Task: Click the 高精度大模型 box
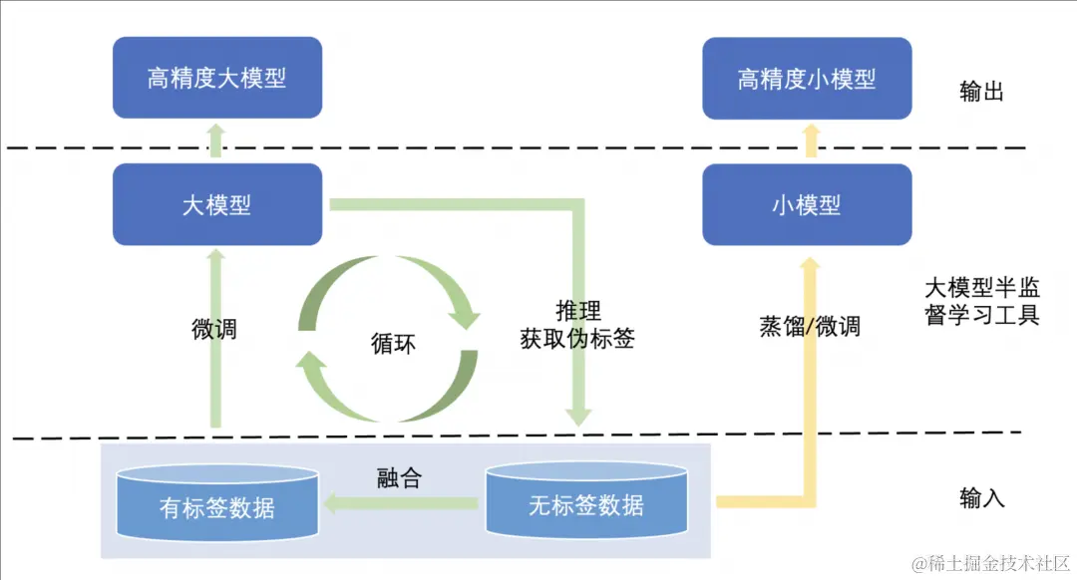tap(216, 78)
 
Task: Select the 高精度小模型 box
tap(807, 78)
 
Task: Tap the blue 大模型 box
tap(216, 204)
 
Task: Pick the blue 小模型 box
tap(807, 204)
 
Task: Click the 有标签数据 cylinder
tap(217, 506)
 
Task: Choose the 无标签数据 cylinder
tap(586, 504)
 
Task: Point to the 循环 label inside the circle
tap(392, 344)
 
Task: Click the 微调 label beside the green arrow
tap(214, 328)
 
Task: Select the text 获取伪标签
tap(577, 338)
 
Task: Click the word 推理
tap(578, 310)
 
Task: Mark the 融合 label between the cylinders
tap(399, 477)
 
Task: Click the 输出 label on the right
tap(981, 92)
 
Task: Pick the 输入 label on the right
tap(981, 497)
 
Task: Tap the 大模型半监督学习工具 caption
tap(982, 302)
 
